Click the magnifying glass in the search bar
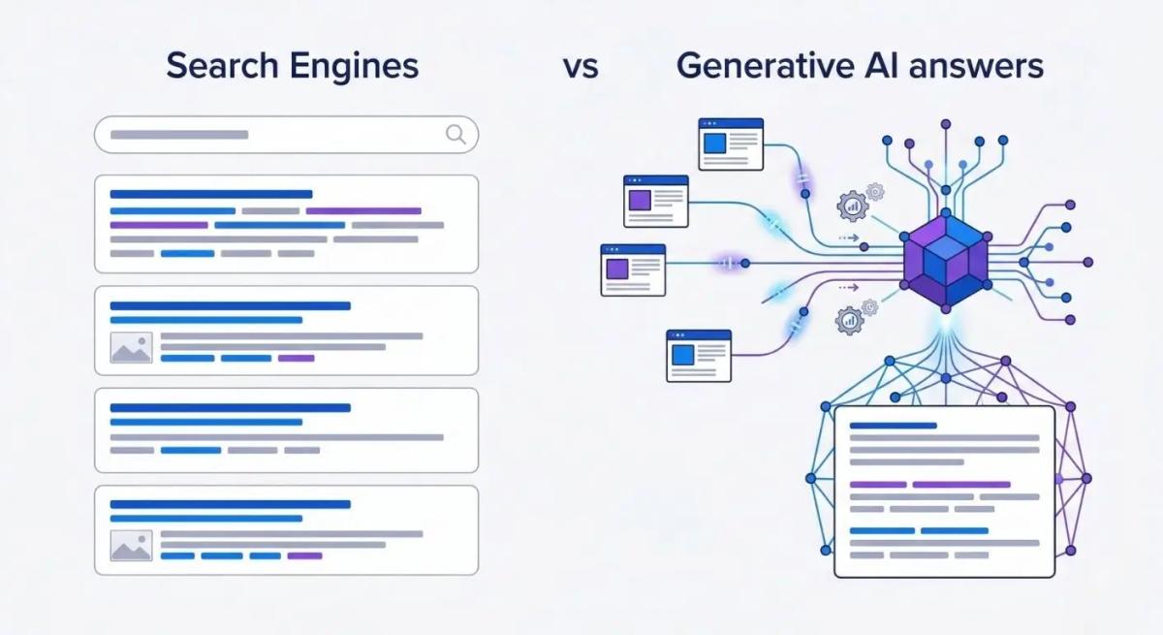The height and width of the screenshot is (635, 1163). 456,135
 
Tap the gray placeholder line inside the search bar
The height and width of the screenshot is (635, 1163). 179,135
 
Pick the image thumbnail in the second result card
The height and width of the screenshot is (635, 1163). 131,347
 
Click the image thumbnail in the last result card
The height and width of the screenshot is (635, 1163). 131,545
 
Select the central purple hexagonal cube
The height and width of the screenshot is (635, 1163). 944,261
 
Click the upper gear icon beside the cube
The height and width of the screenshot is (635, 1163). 854,205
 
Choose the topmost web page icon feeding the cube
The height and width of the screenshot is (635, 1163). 731,143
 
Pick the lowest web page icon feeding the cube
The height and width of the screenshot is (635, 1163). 699,355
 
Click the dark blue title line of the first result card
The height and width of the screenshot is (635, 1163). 211,194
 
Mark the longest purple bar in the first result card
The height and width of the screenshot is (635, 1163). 363,210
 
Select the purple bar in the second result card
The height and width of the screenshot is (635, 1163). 296,358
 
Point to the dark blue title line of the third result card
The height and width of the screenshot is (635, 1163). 230,408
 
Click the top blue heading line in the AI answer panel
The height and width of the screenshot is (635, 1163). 893,425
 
